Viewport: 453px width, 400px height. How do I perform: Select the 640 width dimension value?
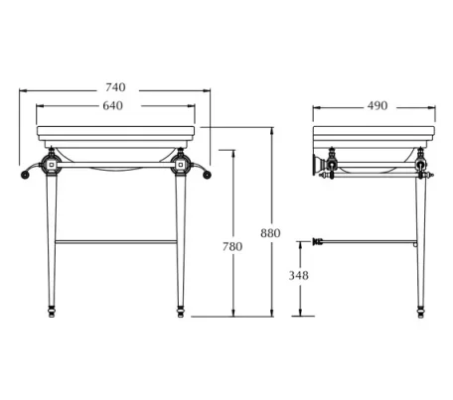point(114,106)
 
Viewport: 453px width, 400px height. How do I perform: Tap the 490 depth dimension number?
point(377,106)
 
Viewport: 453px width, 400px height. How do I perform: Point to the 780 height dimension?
point(231,245)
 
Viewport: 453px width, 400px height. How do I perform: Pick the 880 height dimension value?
point(270,233)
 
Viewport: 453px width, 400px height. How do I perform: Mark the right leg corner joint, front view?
point(182,162)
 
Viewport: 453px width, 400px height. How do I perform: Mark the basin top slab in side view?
point(377,133)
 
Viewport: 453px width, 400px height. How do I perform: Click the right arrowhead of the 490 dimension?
point(436,106)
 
